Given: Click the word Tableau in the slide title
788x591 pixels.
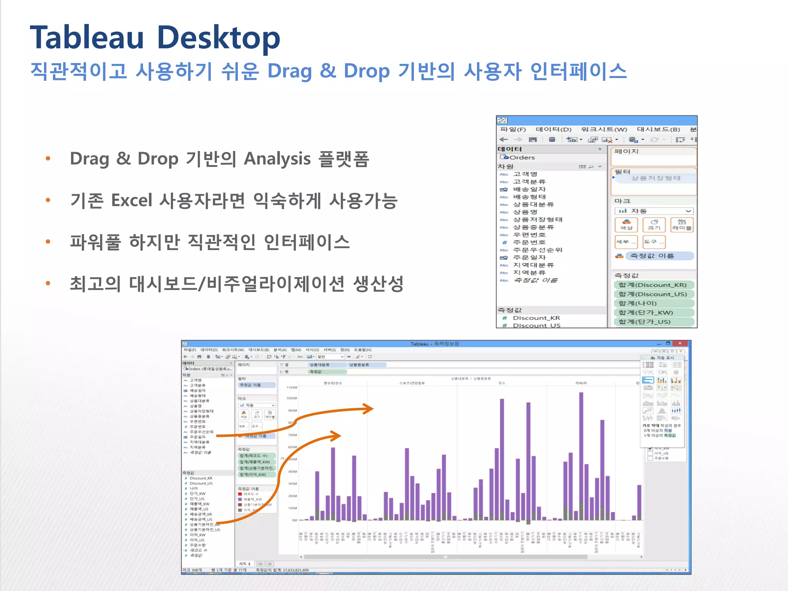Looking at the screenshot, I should (87, 38).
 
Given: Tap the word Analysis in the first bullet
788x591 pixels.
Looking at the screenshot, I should (277, 159).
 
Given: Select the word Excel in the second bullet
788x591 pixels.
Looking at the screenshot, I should (132, 200).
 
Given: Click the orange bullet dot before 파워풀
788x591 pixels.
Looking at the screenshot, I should (48, 242).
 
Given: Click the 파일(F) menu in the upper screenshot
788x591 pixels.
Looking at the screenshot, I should (513, 130).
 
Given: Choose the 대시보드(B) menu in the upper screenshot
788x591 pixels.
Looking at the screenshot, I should (658, 130).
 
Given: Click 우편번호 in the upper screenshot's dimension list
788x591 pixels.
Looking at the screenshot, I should (529, 235).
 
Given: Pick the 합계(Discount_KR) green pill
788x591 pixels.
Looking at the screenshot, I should (653, 285).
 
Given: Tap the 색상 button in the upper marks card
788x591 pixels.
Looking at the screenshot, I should (626, 225).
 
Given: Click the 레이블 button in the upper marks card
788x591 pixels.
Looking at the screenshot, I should (681, 225).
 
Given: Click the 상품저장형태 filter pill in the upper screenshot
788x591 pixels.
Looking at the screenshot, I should (656, 178).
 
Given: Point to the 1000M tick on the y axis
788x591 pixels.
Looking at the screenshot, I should (292, 398).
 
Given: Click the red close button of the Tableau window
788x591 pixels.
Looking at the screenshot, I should (680, 343).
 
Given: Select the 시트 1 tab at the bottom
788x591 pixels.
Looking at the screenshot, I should (245, 564).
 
